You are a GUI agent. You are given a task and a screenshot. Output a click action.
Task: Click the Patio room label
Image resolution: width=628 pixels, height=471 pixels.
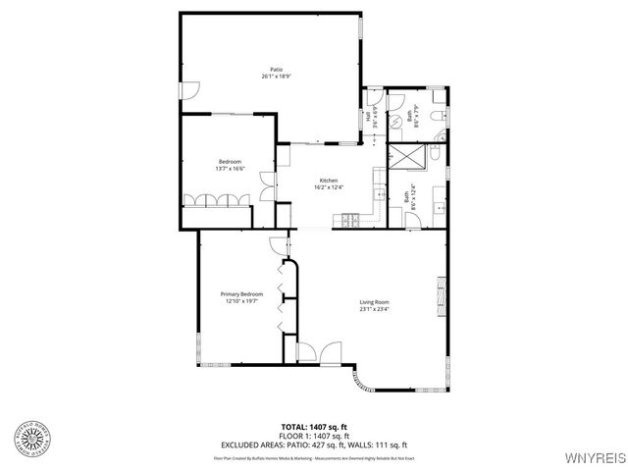tap(278, 69)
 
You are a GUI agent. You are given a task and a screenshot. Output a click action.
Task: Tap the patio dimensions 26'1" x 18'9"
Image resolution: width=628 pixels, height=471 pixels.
tap(278, 76)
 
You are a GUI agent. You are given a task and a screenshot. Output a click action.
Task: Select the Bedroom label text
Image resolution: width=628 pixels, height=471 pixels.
tap(230, 162)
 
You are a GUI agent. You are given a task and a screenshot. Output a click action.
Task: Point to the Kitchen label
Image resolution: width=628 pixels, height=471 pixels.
tap(329, 181)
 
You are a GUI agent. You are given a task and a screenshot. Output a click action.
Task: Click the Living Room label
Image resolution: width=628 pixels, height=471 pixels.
tap(374, 302)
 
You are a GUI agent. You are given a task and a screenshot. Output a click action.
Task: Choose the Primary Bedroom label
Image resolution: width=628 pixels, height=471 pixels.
tap(241, 294)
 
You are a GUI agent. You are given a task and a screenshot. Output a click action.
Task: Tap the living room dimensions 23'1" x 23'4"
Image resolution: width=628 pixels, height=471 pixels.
tap(374, 309)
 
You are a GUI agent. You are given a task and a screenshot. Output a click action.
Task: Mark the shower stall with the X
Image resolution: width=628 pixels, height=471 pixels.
tap(403, 158)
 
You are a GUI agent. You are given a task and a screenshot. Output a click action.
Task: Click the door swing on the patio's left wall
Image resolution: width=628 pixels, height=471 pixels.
tap(191, 89)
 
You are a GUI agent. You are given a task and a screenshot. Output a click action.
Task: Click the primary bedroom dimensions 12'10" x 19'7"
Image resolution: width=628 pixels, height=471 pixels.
tap(241, 301)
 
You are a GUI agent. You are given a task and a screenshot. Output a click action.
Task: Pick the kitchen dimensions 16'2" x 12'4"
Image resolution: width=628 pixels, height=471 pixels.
tap(329, 187)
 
